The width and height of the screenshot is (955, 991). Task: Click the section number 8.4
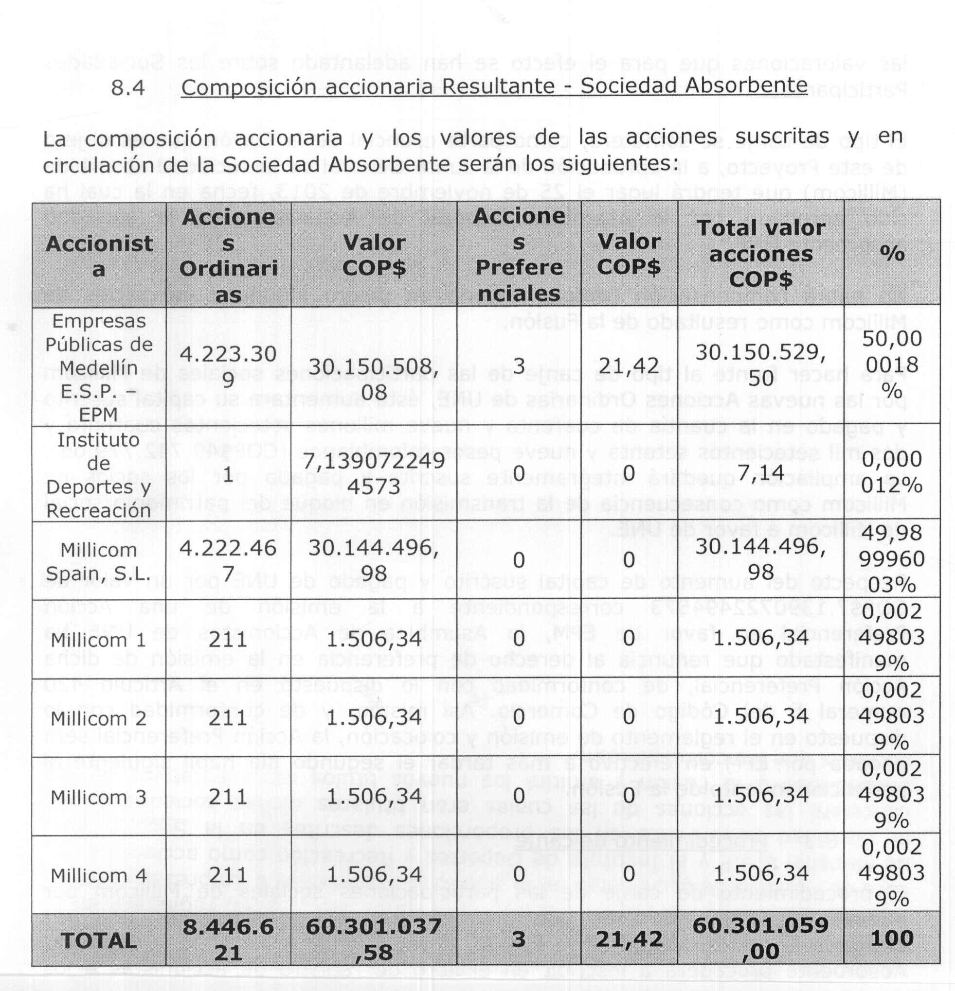(127, 88)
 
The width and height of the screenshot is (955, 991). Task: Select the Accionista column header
(99, 256)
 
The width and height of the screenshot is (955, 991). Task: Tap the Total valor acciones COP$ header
(761, 253)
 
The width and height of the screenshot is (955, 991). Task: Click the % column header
(892, 253)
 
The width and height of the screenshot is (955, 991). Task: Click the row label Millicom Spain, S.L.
(99, 562)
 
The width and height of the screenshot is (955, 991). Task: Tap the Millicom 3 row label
(99, 798)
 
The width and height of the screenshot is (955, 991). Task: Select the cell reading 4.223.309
(228, 366)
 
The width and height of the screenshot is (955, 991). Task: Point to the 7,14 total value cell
(761, 473)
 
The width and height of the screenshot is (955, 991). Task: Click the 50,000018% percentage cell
(892, 365)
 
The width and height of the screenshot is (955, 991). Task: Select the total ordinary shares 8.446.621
(228, 940)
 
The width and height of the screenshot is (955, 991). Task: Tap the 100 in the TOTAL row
(892, 939)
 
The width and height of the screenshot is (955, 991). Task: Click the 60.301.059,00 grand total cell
(761, 939)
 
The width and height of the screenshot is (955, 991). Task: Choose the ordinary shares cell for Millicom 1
(228, 640)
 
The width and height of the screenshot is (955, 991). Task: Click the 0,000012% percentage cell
(892, 472)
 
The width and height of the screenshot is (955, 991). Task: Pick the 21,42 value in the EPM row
(629, 366)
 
